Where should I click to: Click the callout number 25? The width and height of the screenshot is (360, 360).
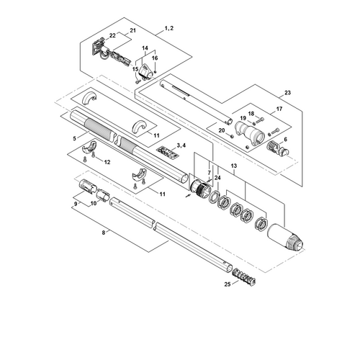(x=228, y=284)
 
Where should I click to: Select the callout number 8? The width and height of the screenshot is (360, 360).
(x=104, y=233)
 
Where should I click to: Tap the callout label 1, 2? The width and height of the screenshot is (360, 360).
(x=169, y=28)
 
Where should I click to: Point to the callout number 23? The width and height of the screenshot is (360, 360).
(x=287, y=93)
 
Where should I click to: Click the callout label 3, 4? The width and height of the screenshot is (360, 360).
(x=181, y=145)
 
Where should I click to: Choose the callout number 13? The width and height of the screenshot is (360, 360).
(x=234, y=166)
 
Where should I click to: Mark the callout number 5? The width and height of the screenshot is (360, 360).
(x=75, y=138)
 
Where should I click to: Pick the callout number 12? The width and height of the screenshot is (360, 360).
(x=107, y=162)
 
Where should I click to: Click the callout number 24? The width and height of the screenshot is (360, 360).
(x=217, y=178)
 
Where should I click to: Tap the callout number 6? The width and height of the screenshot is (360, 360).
(x=285, y=139)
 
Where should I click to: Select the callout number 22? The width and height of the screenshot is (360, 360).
(x=112, y=35)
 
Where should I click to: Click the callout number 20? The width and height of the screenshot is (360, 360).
(x=222, y=130)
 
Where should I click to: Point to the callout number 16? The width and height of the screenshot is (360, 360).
(x=155, y=58)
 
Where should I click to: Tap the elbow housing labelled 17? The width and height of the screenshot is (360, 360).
(x=250, y=135)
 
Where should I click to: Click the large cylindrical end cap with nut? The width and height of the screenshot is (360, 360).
(x=285, y=236)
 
